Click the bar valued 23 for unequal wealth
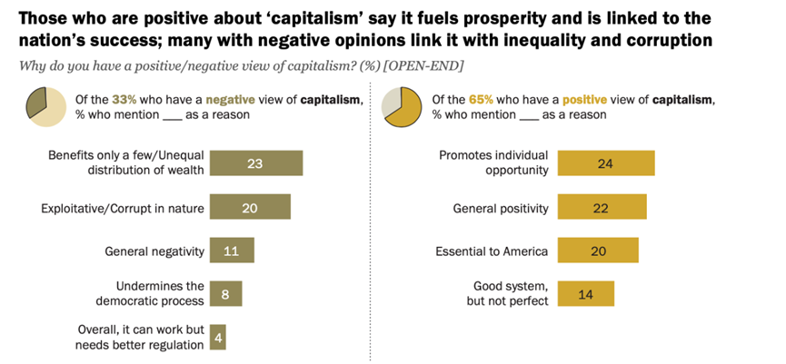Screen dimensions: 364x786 tap(255, 163)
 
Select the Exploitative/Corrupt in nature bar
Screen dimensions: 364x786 tap(250, 207)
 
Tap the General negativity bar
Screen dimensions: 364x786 tap(232, 251)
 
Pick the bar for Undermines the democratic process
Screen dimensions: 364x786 tap(225, 294)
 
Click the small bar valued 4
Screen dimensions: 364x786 tap(218, 338)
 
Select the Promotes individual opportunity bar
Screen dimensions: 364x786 tap(605, 163)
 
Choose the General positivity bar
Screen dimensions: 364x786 tap(602, 208)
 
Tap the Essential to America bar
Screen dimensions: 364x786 tap(597, 251)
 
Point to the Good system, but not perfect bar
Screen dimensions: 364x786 tap(585, 293)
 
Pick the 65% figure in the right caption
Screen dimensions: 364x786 tap(480, 99)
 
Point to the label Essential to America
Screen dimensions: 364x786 tap(492, 251)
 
